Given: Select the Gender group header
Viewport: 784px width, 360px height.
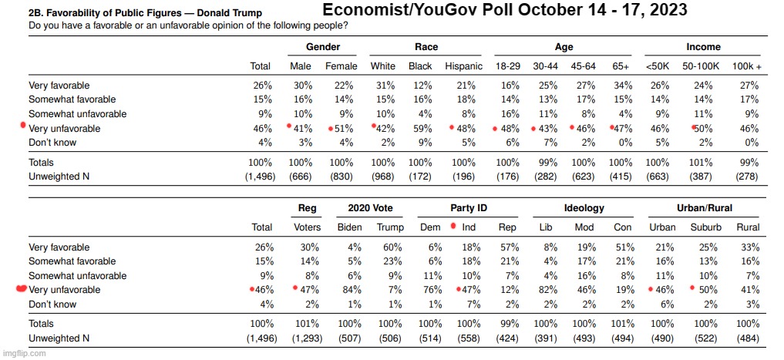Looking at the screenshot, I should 324,47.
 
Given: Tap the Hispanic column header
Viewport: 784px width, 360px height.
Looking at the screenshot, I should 463,66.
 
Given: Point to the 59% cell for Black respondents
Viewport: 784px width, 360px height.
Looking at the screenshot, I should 420,128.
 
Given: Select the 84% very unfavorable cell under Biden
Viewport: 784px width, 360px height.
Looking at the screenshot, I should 349,290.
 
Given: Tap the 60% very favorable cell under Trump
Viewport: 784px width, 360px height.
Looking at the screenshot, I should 390,247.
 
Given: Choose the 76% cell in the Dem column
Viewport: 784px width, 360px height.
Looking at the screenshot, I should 432,290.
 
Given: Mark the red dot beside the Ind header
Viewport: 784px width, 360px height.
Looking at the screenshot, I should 453,226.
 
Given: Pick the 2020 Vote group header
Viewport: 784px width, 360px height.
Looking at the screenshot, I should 370,208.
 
